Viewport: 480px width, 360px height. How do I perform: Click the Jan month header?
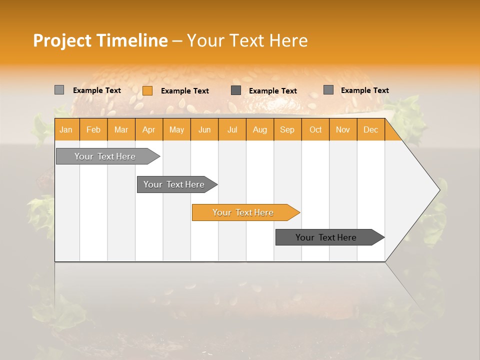66,130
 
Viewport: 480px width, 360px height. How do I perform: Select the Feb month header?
93,130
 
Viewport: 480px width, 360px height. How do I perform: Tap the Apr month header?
149,130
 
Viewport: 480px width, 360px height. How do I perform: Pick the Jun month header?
204,130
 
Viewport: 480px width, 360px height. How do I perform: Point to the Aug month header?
260,130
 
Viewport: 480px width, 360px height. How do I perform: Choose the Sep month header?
287,130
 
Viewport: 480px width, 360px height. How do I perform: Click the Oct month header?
315,130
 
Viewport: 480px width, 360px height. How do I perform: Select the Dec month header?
370,130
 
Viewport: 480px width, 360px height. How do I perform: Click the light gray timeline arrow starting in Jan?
105,156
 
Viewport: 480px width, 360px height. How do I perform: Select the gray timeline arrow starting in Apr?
174,184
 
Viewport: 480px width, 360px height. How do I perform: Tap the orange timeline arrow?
243,212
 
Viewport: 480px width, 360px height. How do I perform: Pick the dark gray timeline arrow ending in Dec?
326,237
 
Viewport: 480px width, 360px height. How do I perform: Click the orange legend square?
147,90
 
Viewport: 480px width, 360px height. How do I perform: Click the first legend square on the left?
59,90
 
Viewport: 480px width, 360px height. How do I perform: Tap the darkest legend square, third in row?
236,90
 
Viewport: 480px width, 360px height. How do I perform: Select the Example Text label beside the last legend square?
364,90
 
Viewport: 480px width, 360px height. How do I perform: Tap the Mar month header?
121,130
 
